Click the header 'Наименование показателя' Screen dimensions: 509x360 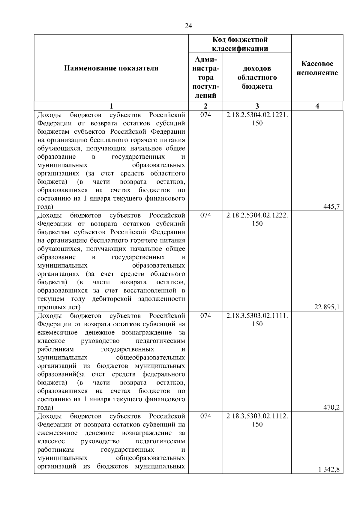click(111, 68)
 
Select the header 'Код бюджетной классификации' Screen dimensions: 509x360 click(240, 44)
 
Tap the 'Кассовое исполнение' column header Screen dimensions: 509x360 click(317, 68)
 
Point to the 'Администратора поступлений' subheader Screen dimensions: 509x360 click(206, 77)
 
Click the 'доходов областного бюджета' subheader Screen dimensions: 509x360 click(257, 77)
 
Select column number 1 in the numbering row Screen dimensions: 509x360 click(111, 106)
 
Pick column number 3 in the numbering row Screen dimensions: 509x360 click(257, 106)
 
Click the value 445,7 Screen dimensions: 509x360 click(331, 206)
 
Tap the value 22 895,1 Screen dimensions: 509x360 click(327, 307)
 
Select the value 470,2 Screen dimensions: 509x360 click(331, 407)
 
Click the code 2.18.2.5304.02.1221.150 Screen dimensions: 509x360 click(257, 119)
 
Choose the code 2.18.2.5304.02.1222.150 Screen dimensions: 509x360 click(257, 219)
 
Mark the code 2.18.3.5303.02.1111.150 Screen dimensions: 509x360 click(257, 320)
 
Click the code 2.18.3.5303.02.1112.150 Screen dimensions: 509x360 click(257, 420)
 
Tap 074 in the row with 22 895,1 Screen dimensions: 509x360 click(206, 215)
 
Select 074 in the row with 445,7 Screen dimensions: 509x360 click(206, 115)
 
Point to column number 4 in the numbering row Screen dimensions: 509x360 click(317, 106)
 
